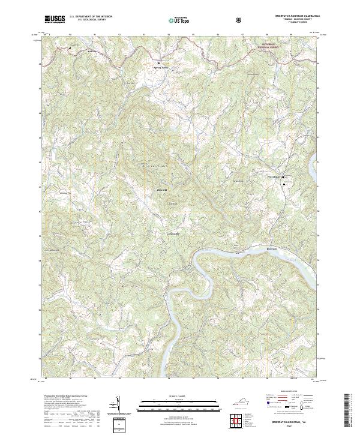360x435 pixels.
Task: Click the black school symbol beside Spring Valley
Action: pyautogui.click(x=159, y=63)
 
